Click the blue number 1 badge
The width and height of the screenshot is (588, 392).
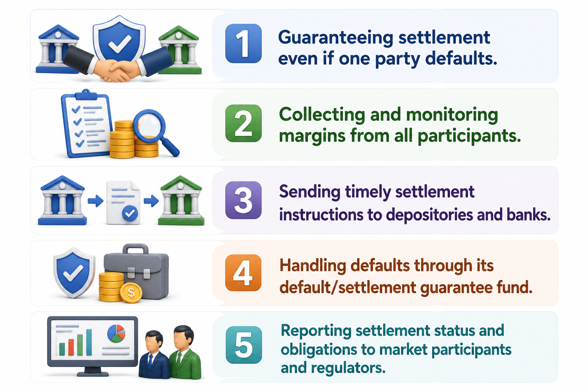[243, 43]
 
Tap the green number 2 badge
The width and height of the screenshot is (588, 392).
[243, 123]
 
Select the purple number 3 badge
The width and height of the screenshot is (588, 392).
[243, 200]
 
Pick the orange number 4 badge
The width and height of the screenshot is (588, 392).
[243, 273]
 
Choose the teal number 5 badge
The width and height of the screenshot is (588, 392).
[243, 345]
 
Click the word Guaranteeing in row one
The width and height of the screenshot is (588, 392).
[336, 38]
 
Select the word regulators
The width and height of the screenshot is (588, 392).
[348, 368]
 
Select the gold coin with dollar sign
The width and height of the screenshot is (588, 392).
[131, 292]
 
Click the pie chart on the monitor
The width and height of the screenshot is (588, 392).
[116, 333]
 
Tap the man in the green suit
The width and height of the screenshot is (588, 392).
[184, 352]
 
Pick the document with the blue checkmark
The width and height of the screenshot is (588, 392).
[123, 203]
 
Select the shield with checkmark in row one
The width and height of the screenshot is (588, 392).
[119, 39]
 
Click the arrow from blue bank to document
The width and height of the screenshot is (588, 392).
[95, 201]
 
